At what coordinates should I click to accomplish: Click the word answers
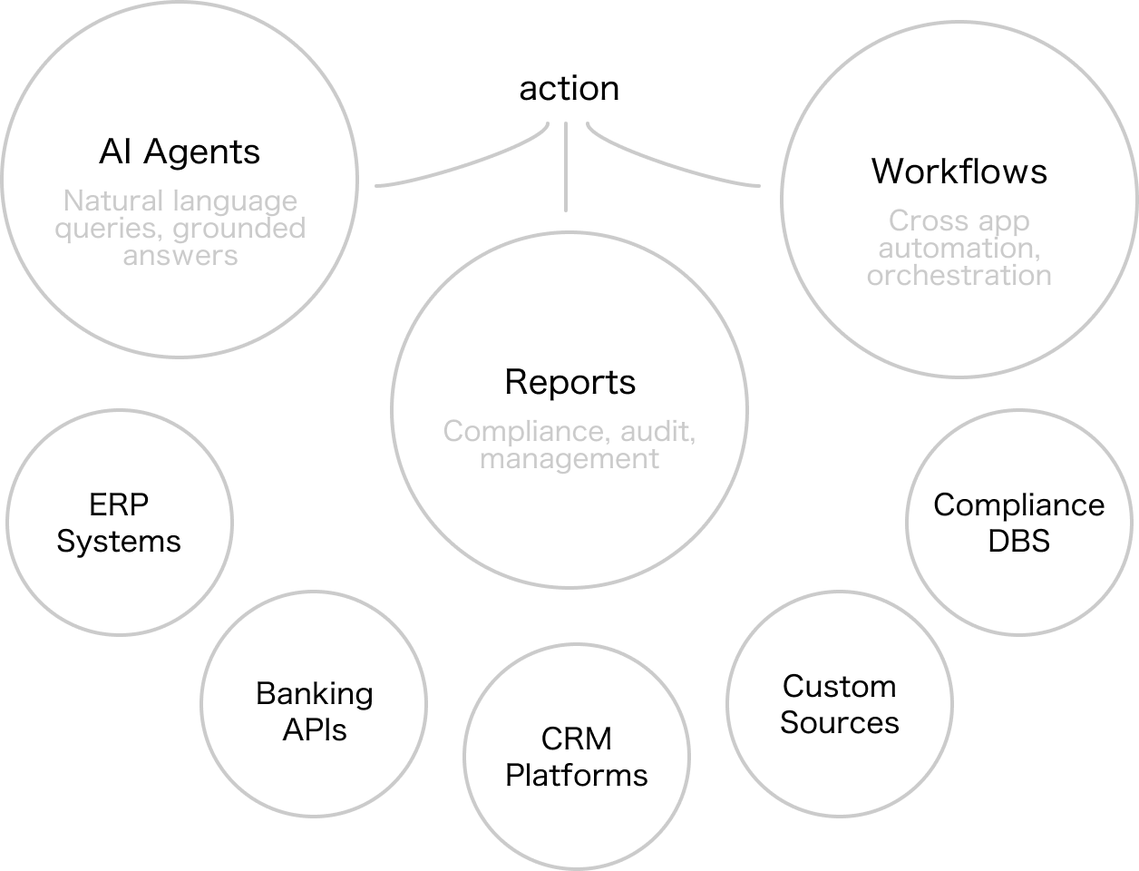(180, 256)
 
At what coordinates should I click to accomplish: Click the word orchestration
(959, 275)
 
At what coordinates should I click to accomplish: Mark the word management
(569, 459)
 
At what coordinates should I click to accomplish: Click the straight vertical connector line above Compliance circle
(566, 167)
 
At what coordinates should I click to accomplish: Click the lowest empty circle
(577, 756)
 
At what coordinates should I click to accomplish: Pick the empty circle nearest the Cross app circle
(1019, 522)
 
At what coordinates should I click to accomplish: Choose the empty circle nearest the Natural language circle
(120, 522)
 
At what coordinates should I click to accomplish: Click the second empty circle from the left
(314, 703)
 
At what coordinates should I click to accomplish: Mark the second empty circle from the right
(840, 703)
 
